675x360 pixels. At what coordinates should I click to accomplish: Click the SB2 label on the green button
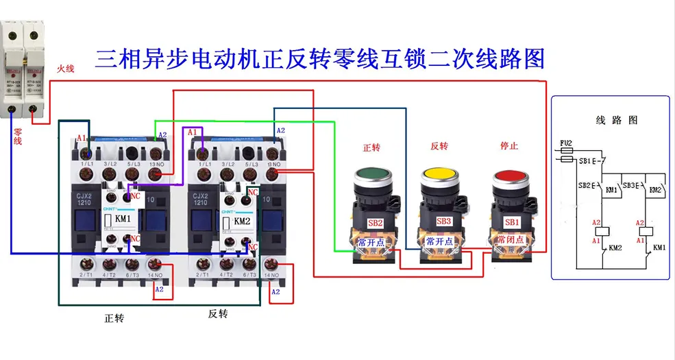point(375,221)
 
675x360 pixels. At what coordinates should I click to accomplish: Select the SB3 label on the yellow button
point(443,221)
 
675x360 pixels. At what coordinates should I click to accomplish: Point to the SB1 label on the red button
point(512,222)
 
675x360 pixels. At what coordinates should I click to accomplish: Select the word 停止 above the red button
point(510,146)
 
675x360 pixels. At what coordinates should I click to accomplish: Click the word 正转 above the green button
point(371,146)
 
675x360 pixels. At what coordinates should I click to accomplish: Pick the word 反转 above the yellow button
point(439,146)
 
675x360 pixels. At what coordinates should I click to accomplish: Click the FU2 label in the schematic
point(566,144)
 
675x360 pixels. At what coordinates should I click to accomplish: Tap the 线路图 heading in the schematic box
point(615,120)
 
